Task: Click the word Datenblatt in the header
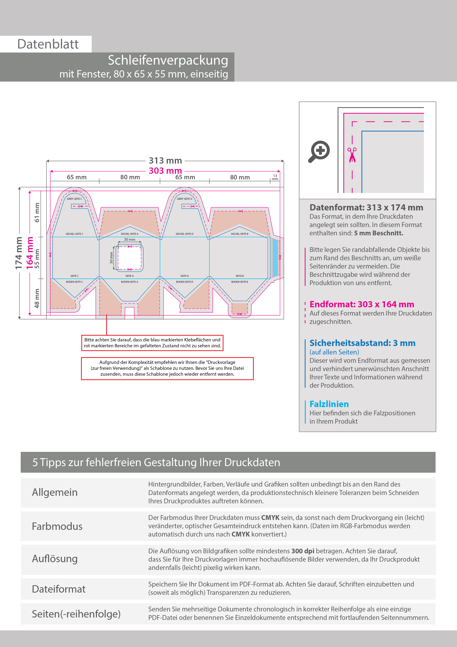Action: point(48,44)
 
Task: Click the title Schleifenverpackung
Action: point(168,60)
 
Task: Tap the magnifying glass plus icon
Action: point(320,151)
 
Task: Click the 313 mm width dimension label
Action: point(165,161)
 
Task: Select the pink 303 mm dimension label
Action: point(165,171)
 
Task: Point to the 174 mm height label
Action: point(19,253)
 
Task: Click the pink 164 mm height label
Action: point(29,253)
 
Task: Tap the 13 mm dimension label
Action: point(275,177)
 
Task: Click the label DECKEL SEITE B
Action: point(240,234)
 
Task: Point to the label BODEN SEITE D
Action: point(185,282)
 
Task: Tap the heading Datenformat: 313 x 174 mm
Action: point(366,208)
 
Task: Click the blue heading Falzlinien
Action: point(329,404)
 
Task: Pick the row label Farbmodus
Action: point(57,526)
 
